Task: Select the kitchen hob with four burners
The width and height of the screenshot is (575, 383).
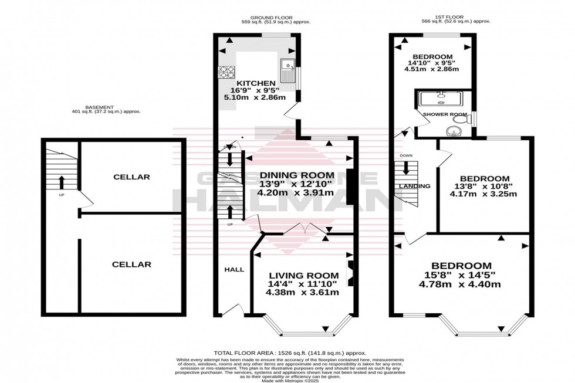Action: [x=226, y=72]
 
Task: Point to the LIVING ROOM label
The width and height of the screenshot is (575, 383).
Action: [x=303, y=276]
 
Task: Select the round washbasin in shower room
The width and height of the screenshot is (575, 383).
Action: [x=451, y=130]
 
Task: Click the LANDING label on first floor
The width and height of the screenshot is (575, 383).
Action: [x=414, y=186]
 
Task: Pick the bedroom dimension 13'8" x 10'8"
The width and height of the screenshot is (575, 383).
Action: [x=484, y=188]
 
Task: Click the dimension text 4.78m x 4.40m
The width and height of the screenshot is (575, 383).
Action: [x=462, y=285]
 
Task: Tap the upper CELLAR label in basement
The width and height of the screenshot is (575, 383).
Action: [x=131, y=177]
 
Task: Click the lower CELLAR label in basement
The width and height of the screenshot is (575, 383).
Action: [x=131, y=265]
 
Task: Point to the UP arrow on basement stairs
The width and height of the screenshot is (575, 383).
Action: [x=61, y=182]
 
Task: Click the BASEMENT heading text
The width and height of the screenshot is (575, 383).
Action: [x=97, y=107]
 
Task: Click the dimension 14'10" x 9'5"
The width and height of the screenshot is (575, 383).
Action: [x=432, y=63]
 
